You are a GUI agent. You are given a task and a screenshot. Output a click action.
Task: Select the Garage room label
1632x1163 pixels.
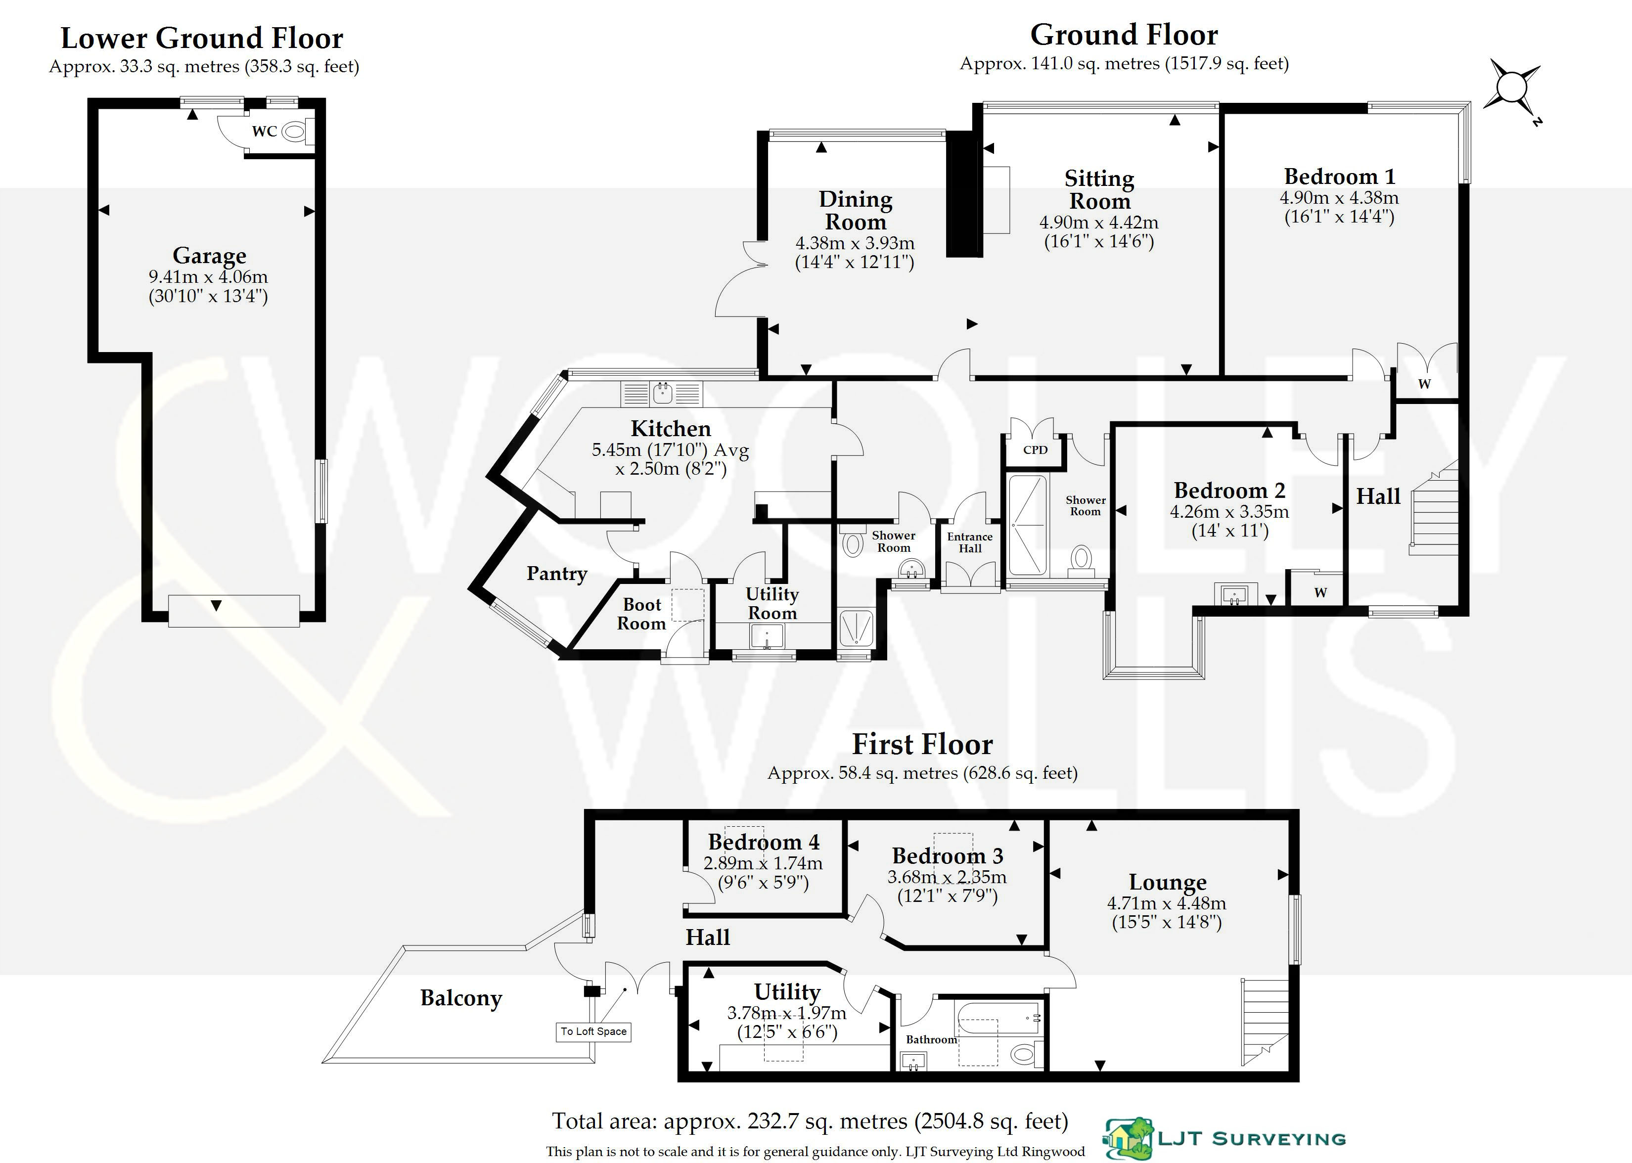(x=209, y=256)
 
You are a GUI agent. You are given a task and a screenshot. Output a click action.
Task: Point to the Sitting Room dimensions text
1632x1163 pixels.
(x=1098, y=232)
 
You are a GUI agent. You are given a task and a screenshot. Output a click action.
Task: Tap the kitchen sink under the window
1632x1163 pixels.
(x=663, y=393)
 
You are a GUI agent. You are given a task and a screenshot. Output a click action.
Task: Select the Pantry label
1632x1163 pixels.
(x=556, y=573)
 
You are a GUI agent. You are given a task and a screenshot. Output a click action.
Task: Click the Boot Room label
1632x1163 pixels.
(x=641, y=614)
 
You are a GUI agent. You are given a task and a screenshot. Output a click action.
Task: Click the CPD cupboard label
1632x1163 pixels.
(x=1035, y=450)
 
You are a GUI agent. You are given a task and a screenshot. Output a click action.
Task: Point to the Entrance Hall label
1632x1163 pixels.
(x=970, y=542)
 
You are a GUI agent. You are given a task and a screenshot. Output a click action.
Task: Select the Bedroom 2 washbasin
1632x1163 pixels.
(x=1234, y=594)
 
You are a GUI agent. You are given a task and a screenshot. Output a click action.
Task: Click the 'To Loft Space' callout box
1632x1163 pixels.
(x=593, y=1031)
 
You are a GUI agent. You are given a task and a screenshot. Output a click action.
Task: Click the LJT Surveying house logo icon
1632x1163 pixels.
(x=1129, y=1138)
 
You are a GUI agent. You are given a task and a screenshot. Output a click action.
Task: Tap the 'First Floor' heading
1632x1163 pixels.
(x=922, y=745)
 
